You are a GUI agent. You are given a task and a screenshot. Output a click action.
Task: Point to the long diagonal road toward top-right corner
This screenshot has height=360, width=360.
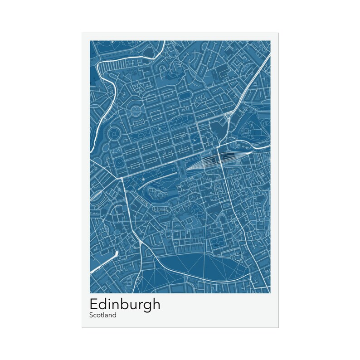tap(247, 86)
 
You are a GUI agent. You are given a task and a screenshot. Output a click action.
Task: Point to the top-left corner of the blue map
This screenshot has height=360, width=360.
tap(90, 41)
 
